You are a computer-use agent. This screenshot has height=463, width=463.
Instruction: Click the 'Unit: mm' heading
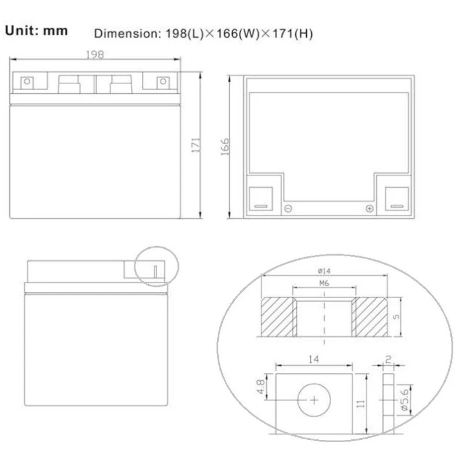[36, 31]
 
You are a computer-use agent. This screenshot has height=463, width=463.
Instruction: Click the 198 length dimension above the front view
[95, 54]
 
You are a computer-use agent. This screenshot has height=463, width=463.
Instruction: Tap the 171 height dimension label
[196, 145]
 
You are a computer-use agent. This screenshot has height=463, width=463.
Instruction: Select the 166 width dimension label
[225, 147]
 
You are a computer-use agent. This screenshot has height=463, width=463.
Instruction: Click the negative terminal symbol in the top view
[288, 208]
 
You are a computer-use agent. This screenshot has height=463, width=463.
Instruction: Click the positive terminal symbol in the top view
[369, 208]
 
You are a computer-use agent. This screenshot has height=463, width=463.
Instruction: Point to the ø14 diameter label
[324, 271]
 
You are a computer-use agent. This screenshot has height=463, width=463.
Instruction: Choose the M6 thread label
[324, 283]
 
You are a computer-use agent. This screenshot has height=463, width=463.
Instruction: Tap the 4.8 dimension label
[261, 387]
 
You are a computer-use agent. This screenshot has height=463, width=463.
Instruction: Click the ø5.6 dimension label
[405, 400]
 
